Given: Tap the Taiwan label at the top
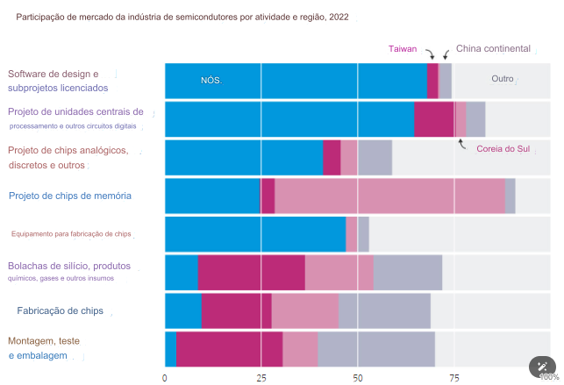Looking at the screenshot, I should (403, 49).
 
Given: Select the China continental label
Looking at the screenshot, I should (493, 49).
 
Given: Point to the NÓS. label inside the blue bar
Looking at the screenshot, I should (211, 81).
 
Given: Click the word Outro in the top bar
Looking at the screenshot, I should (503, 79).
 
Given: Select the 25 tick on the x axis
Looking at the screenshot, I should (261, 378).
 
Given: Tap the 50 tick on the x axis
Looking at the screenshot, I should (357, 378).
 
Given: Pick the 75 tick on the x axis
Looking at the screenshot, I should (453, 378).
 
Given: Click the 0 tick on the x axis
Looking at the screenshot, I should (165, 378).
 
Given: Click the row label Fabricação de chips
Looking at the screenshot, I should (60, 310).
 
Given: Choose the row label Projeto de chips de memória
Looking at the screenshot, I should (70, 196).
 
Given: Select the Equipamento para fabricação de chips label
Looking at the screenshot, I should (71, 234).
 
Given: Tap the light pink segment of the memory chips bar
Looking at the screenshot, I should (389, 196).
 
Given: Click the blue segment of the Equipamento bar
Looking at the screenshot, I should (255, 234).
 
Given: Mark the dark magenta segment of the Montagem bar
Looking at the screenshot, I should (229, 349).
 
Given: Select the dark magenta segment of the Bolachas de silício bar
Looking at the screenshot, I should (251, 272).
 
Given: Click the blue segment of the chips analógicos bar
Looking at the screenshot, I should (244, 158).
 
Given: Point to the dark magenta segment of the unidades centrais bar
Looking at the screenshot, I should (433, 119).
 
